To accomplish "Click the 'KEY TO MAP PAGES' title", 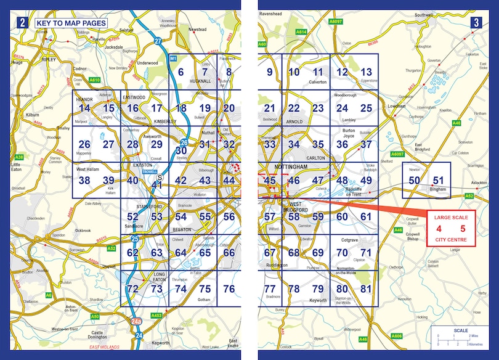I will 70,23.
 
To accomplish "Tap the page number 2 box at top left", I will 22,23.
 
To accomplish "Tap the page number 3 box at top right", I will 476,23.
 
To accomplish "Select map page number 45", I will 269,181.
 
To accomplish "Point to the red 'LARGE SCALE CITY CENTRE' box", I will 451,229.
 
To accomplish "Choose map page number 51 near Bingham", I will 438,180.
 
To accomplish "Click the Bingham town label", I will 438,190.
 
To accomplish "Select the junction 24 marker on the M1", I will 139,335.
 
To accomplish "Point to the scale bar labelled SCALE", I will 460,336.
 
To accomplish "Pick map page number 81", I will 367,289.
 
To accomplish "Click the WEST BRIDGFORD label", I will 294,207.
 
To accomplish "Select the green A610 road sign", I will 94,80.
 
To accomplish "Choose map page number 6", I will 181,72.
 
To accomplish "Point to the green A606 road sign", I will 397,336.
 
